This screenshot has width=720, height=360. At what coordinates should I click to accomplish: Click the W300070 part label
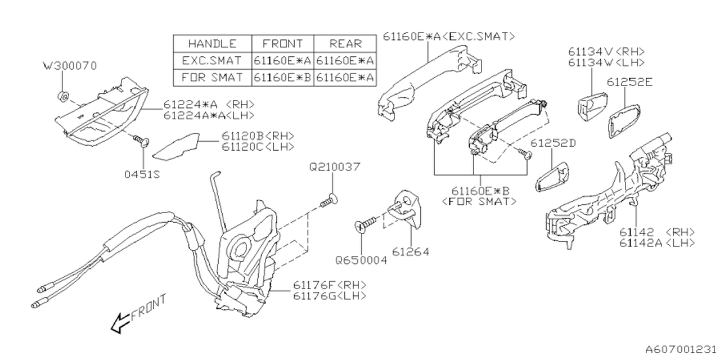coord(70,66)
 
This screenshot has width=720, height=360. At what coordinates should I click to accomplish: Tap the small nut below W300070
coord(64,94)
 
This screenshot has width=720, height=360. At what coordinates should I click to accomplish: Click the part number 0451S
coord(142,174)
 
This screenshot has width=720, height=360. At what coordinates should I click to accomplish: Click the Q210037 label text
coord(334,167)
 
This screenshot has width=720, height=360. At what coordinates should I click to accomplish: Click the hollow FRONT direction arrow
coord(120,323)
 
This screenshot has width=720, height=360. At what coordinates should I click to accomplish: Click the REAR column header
coord(346,44)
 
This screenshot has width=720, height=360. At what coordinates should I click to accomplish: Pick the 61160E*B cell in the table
coord(282,76)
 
